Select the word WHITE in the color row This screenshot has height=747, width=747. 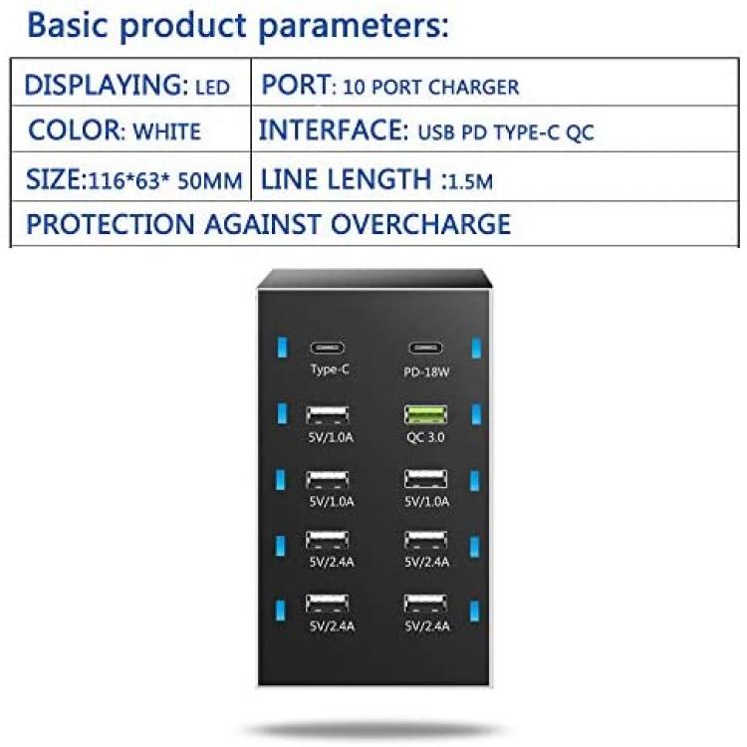[x=166, y=131]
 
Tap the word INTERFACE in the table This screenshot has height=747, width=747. [x=334, y=130]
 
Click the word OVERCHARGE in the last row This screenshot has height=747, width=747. [x=420, y=224]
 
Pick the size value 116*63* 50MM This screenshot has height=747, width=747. [x=165, y=181]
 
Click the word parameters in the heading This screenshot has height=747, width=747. [x=353, y=26]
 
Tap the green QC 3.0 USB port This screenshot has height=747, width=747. [x=425, y=414]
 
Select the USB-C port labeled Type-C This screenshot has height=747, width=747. [x=328, y=348]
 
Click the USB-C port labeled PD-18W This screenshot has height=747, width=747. [x=425, y=349]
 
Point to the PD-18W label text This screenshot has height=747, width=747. [x=426, y=373]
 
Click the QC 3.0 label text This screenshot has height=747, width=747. [x=425, y=437]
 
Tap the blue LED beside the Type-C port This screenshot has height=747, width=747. [x=282, y=348]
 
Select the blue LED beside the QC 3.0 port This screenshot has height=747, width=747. [x=476, y=414]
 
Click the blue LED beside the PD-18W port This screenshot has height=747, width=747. [x=476, y=348]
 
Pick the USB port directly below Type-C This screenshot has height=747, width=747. [x=328, y=415]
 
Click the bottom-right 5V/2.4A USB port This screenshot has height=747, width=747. [x=425, y=604]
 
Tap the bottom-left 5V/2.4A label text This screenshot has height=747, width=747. [x=332, y=626]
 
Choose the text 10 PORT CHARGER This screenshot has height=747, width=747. [x=431, y=88]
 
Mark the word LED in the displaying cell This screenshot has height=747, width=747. [x=213, y=88]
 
